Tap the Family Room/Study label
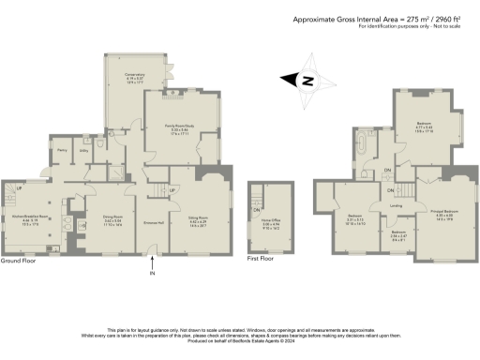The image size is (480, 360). point(175,130)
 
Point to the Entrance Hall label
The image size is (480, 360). point(153,221)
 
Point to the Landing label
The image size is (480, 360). point(397,206)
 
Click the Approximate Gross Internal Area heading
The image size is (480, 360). point(384,19)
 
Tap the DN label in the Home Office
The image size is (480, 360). point(257,209)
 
